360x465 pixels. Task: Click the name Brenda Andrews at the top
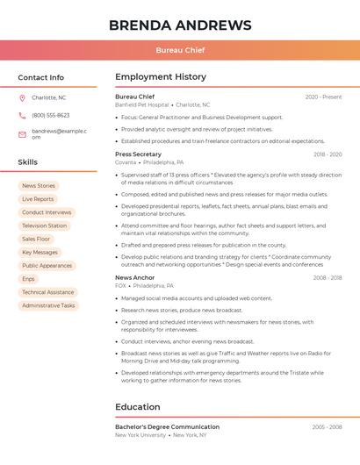[180, 25]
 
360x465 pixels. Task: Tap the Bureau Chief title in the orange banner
[180, 50]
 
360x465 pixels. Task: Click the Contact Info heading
[41, 77]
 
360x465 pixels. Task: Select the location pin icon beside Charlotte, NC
[22, 97]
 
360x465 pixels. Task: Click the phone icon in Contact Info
[22, 115]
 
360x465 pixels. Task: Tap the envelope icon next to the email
[22, 133]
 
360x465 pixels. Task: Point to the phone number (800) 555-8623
[51, 115]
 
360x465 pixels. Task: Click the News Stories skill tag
[39, 186]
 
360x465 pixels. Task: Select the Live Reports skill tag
[38, 199]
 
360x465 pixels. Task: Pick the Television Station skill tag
[45, 225]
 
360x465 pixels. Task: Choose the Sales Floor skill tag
[36, 239]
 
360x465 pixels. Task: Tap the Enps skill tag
[29, 279]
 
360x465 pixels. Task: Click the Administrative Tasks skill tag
[48, 305]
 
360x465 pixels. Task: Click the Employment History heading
[161, 77]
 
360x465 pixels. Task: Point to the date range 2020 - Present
[323, 97]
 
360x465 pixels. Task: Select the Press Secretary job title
[138, 154]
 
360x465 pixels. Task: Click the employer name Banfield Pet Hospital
[141, 104]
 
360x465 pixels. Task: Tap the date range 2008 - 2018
[328, 277]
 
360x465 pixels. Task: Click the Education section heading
[138, 407]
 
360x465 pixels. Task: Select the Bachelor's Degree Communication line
[167, 426]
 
